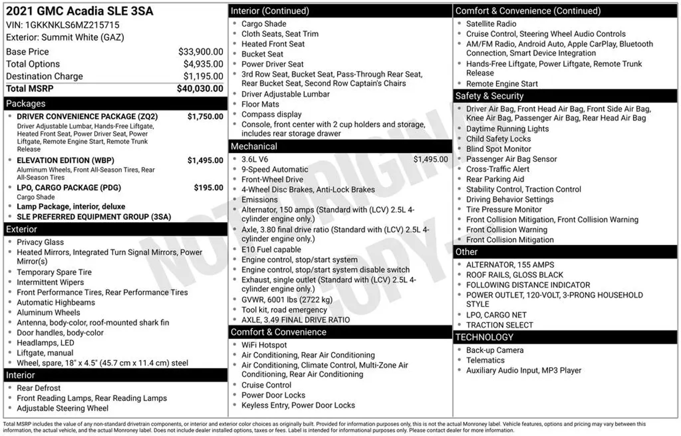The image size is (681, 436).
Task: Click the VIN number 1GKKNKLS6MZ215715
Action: pos(72,25)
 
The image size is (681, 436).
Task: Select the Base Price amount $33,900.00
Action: pos(201,52)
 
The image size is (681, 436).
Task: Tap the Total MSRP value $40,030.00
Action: pos(200,89)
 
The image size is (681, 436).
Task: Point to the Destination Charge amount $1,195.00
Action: pos(203,76)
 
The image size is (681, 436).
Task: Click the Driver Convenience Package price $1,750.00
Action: pos(205,116)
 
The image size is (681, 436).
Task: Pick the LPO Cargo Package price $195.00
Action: pos(208,188)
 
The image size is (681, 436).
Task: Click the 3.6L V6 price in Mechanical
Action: pos(430,159)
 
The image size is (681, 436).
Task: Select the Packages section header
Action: pos(26,104)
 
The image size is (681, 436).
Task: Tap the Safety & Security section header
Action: pos(489,96)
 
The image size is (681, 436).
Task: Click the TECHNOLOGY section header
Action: pos(484,337)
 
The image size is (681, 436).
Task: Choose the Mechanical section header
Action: pos(254,146)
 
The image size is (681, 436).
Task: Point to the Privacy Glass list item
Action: pos(40,242)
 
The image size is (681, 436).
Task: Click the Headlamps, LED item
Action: pos(46,343)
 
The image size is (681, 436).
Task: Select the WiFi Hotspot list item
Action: pos(264,345)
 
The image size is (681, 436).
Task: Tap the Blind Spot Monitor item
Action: pos(498,149)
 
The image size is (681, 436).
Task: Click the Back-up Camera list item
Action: pos(495,350)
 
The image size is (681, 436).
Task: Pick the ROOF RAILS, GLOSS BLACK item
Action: pos(514,275)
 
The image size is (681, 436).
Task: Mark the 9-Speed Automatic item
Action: pos(275,169)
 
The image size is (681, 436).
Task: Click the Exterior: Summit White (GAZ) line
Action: pos(65,37)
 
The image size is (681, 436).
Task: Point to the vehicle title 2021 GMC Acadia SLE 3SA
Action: pos(79,11)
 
